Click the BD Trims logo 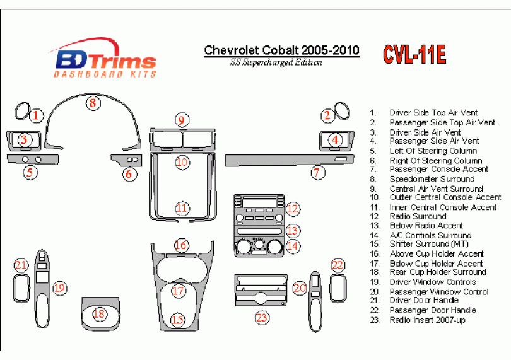pyautogui.click(x=104, y=61)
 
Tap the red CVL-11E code pyautogui.click(x=414, y=54)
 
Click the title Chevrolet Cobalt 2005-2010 pyautogui.click(x=281, y=50)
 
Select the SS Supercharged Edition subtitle pyautogui.click(x=276, y=62)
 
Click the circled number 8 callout pyautogui.click(x=93, y=103)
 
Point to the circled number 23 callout pyautogui.click(x=261, y=317)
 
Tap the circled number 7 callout pyautogui.click(x=318, y=171)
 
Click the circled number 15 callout pyautogui.click(x=178, y=320)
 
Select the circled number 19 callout pyautogui.click(x=59, y=288)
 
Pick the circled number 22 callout pyautogui.click(x=338, y=265)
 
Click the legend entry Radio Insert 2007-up pyautogui.click(x=428, y=320)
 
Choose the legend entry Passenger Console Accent pyautogui.click(x=431, y=170)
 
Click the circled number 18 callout pyautogui.click(x=99, y=313)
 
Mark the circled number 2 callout pyautogui.click(x=327, y=115)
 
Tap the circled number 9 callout pyautogui.click(x=182, y=120)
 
